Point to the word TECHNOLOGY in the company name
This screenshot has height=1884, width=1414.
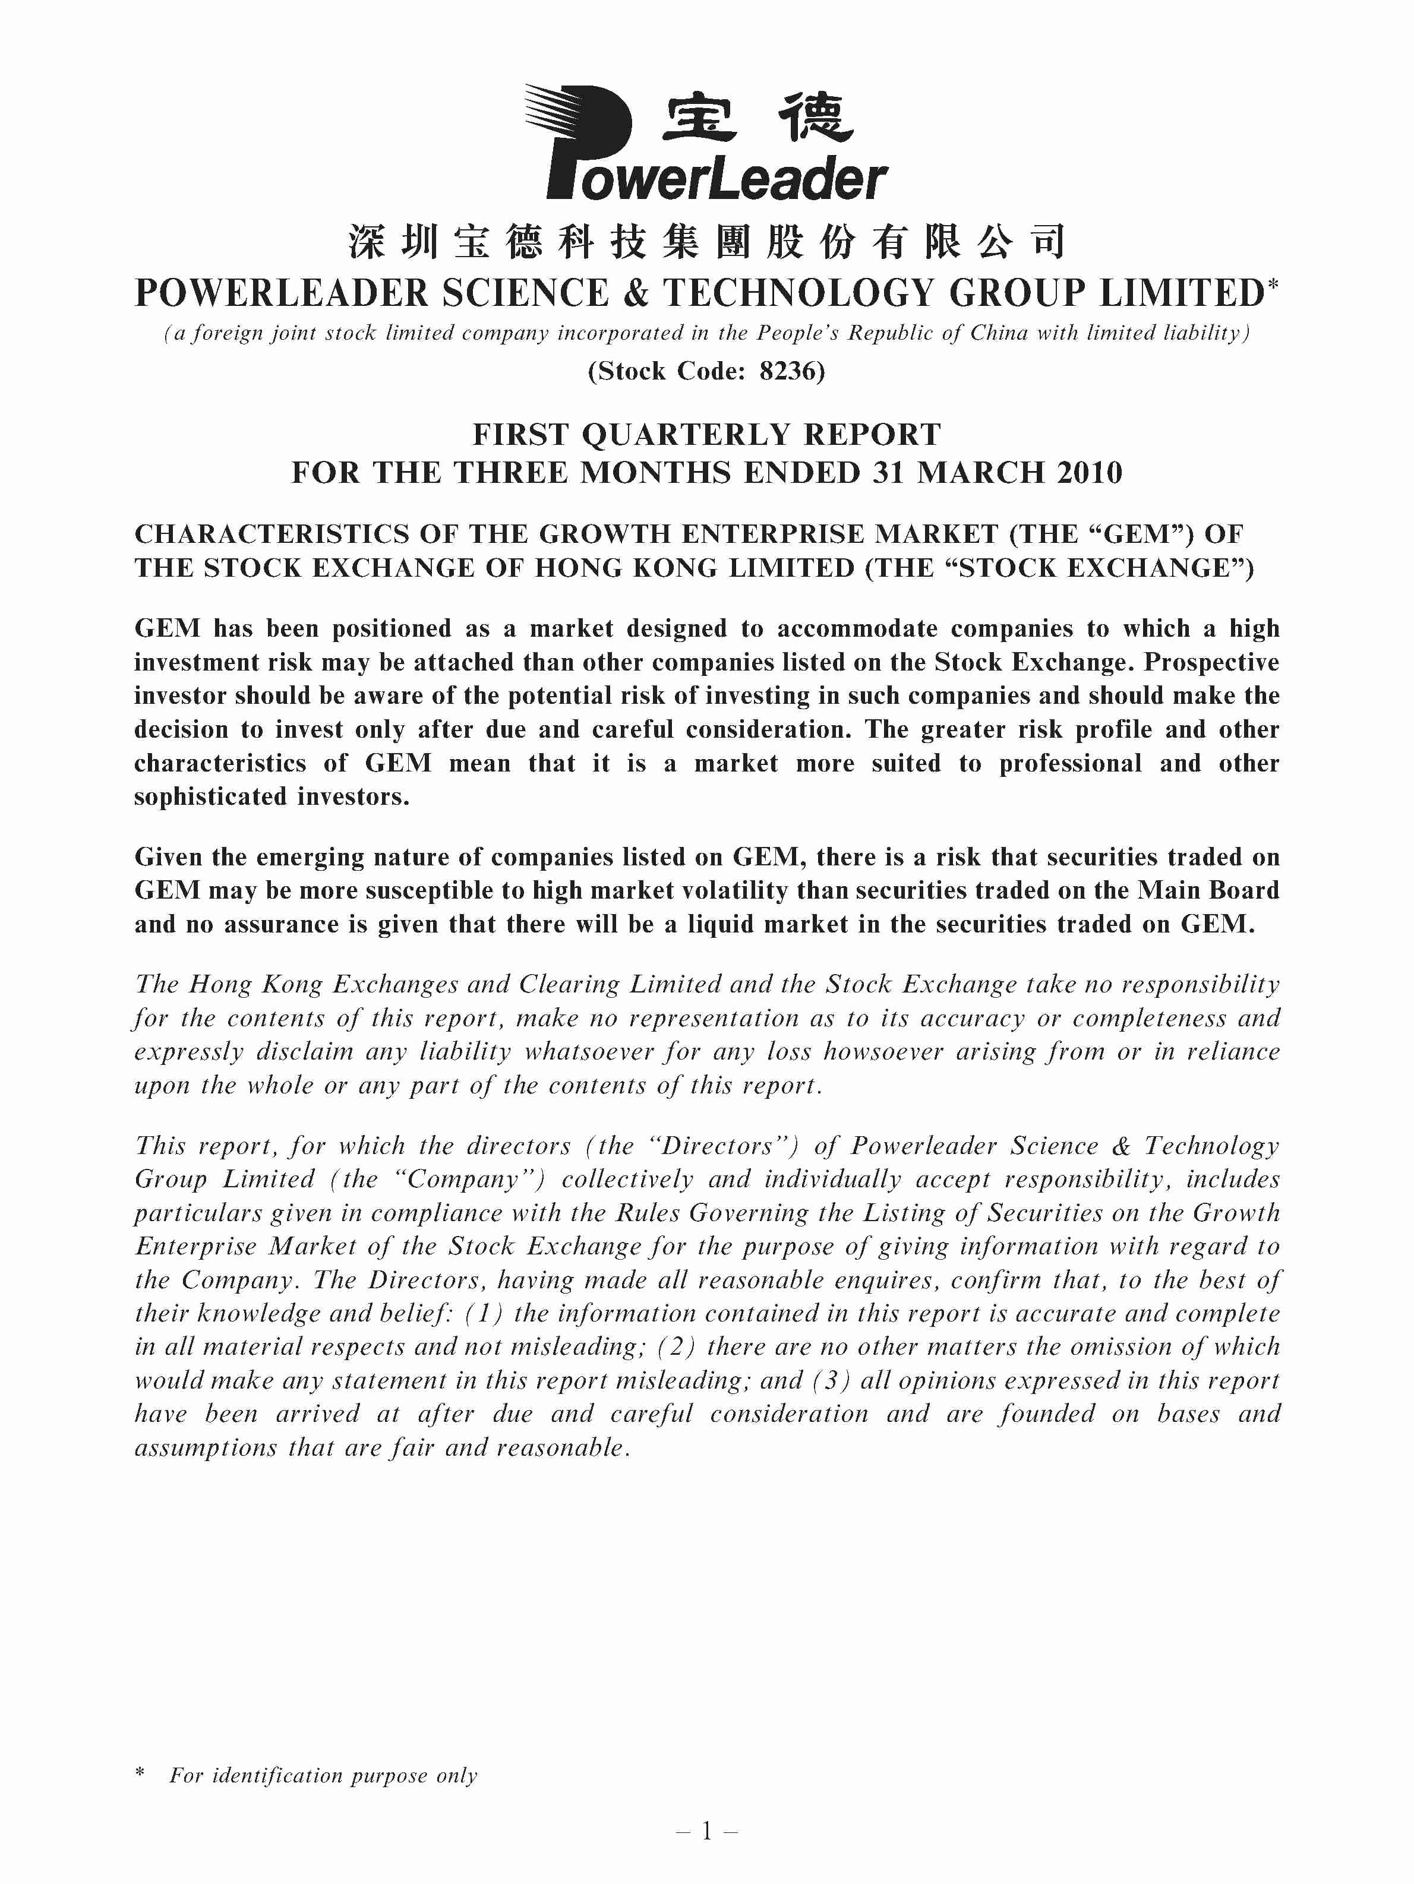point(797,294)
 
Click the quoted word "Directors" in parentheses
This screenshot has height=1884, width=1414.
point(717,1146)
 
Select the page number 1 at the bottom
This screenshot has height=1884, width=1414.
point(706,1831)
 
